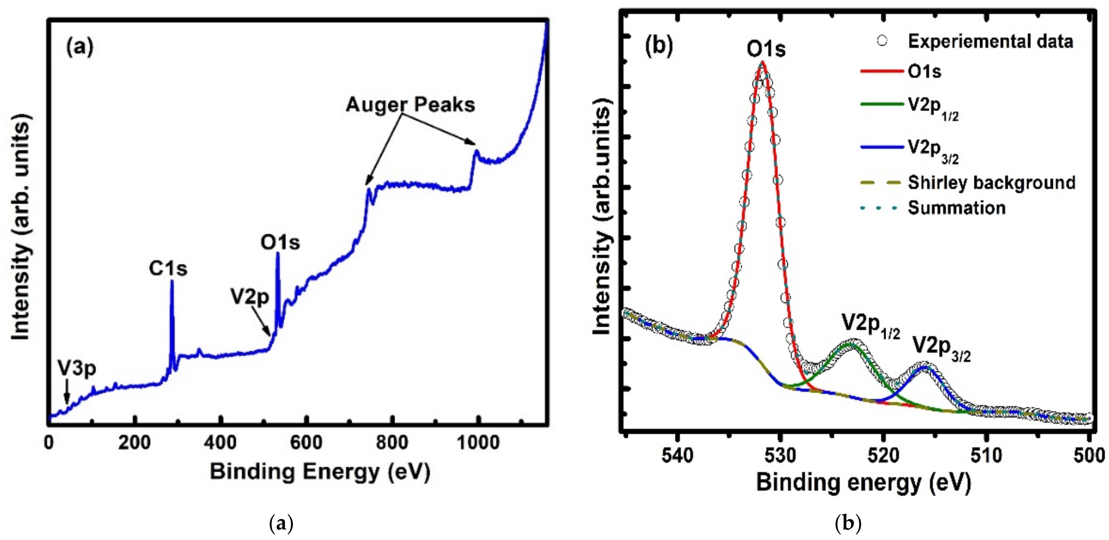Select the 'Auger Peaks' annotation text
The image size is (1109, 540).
click(410, 105)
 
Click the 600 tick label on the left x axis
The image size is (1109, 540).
click(306, 443)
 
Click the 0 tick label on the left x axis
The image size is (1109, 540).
click(49, 443)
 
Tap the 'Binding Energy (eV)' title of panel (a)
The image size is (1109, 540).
click(320, 472)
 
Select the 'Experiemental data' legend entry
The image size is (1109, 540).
click(990, 41)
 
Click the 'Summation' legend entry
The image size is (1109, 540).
click(957, 208)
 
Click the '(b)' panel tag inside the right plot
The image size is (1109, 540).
click(659, 46)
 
